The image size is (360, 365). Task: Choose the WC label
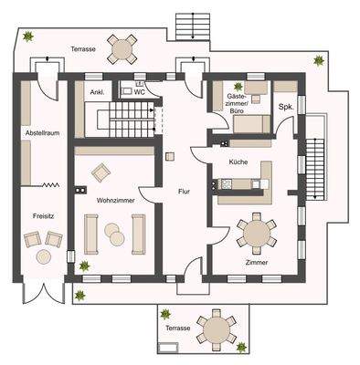point(139,92)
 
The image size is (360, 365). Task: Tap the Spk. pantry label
point(285,108)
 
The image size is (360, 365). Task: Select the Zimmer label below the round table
point(257,262)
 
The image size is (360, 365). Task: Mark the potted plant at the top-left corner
point(28,37)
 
